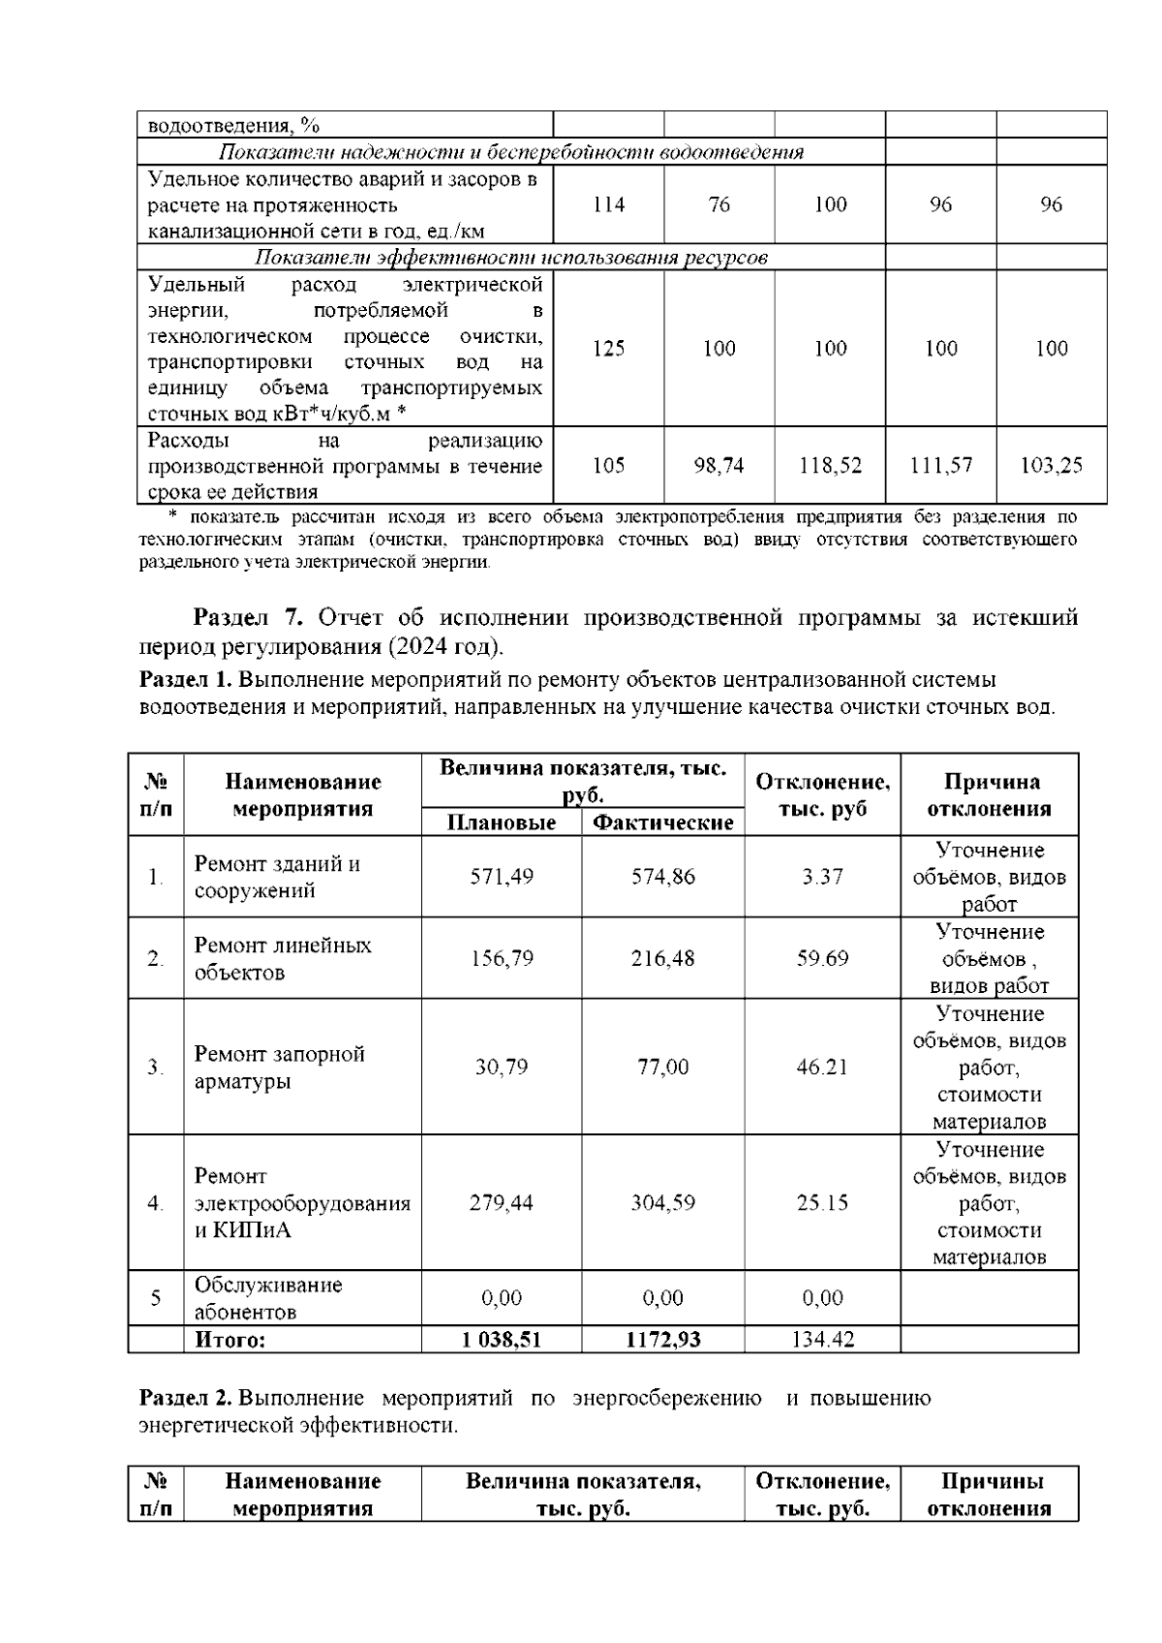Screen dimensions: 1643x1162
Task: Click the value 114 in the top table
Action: click(x=608, y=204)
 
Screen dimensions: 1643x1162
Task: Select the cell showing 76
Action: click(x=719, y=204)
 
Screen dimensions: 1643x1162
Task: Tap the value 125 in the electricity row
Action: click(x=608, y=349)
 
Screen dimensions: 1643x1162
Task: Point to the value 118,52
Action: click(x=830, y=466)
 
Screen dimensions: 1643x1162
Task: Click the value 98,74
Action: click(x=719, y=466)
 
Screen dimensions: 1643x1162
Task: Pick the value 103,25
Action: click(x=1052, y=466)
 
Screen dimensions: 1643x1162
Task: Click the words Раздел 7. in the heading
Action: click(x=249, y=618)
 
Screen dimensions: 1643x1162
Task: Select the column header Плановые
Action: click(x=502, y=823)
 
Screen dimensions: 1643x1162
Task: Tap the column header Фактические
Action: click(x=663, y=823)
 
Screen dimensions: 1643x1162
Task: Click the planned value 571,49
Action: click(x=502, y=877)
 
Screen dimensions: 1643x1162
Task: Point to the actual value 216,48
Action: click(x=663, y=958)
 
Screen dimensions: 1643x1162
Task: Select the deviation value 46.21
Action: click(x=822, y=1067)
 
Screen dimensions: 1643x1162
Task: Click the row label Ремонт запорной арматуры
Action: click(x=279, y=1067)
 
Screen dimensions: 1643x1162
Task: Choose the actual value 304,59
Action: click(x=663, y=1202)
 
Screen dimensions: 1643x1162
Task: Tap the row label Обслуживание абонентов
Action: click(x=268, y=1298)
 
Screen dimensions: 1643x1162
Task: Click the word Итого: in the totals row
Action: click(x=230, y=1341)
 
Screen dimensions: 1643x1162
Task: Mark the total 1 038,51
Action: click(x=502, y=1341)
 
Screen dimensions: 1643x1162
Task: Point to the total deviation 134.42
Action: click(x=822, y=1341)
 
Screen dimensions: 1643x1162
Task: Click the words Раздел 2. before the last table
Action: click(x=186, y=1398)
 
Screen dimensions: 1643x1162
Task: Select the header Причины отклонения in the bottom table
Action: click(x=990, y=1495)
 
